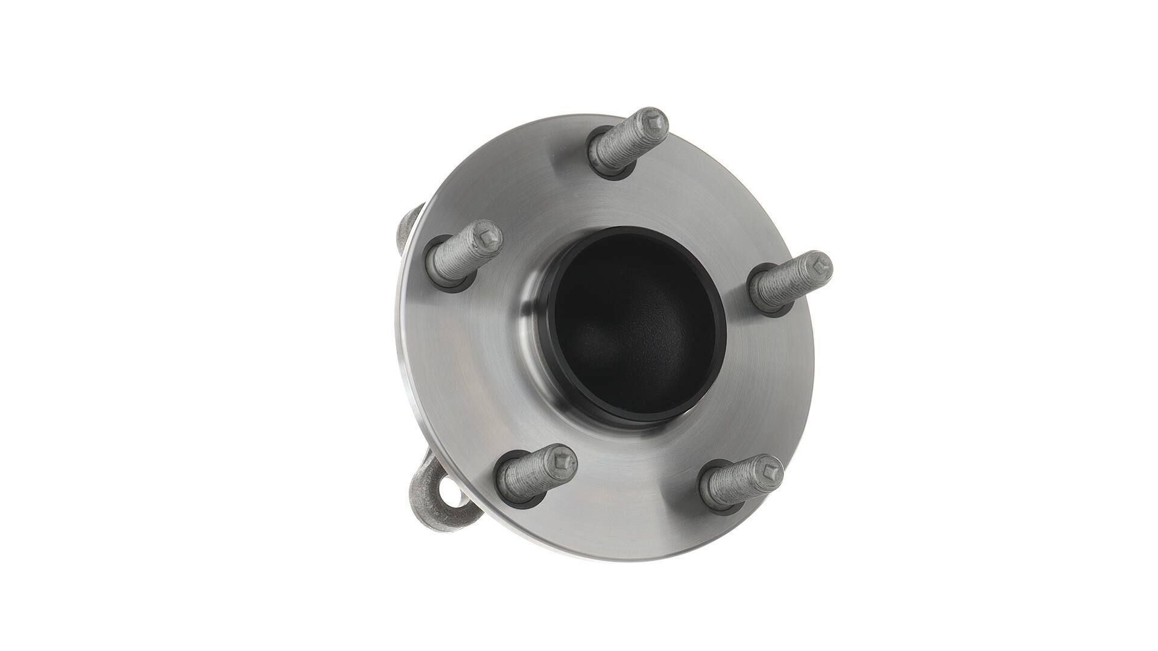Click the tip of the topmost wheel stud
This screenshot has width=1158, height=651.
pyautogui.click(x=653, y=123)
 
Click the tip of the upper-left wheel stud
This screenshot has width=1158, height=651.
pyautogui.click(x=486, y=237)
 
